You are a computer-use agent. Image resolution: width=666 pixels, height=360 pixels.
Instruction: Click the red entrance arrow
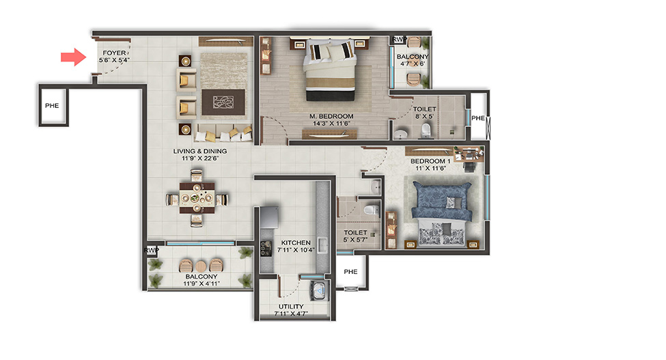point(74,57)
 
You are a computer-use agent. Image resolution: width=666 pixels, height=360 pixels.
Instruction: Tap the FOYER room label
point(114,53)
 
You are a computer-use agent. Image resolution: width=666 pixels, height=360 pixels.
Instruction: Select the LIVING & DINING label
point(199,151)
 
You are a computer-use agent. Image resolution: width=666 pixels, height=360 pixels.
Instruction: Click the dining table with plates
point(197,197)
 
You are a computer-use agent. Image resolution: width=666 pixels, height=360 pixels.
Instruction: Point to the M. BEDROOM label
point(331,116)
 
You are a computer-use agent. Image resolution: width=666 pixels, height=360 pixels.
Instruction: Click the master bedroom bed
point(330,70)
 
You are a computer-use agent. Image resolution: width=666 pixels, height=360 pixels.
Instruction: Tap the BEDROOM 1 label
point(430,161)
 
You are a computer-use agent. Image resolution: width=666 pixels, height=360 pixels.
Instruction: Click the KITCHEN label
point(296,243)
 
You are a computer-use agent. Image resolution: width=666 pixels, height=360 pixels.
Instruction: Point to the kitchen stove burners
point(266,248)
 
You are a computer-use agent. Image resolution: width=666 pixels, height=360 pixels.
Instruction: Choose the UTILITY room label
point(291,307)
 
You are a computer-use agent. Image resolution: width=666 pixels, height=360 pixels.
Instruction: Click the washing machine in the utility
point(319,290)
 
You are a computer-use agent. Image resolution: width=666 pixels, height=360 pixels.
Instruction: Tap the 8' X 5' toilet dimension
point(424,116)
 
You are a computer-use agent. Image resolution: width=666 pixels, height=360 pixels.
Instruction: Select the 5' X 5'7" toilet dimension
point(355,240)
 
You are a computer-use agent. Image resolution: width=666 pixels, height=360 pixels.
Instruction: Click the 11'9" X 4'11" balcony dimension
point(202,283)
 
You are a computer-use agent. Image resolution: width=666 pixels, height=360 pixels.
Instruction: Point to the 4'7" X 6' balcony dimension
point(413,64)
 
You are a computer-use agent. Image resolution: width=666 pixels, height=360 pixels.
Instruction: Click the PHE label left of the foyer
point(52,106)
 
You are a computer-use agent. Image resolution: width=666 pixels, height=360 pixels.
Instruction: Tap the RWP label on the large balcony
point(151,251)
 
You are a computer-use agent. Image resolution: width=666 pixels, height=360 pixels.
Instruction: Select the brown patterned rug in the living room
point(223,102)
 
